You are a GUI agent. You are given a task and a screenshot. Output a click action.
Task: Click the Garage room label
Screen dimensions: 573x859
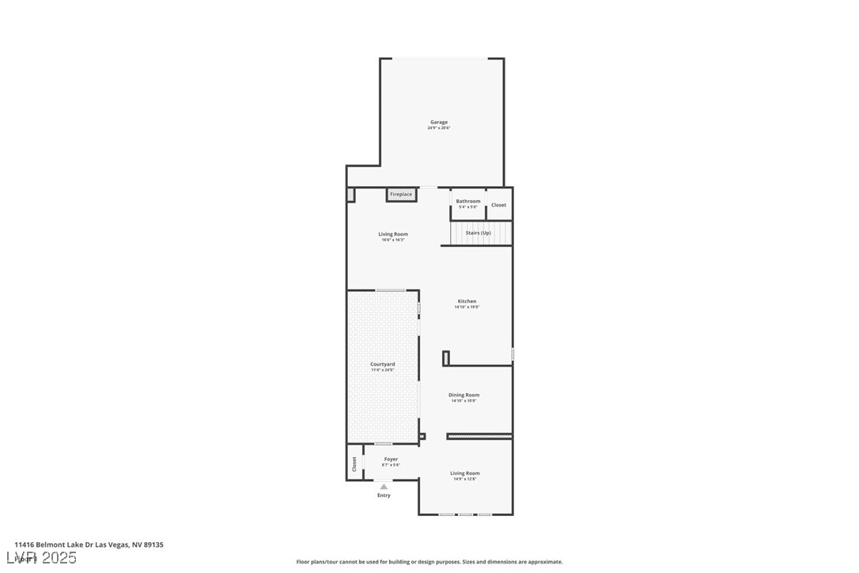tap(439, 122)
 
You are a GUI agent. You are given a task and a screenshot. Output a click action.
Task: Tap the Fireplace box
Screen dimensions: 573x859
tap(401, 194)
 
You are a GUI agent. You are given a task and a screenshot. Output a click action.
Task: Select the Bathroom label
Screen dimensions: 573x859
tap(467, 201)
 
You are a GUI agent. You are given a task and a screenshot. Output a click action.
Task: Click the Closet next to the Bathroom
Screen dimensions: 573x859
tap(498, 205)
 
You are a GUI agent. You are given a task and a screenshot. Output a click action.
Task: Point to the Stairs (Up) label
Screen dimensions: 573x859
tap(478, 233)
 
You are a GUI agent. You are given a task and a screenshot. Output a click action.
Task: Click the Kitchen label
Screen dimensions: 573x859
tap(467, 301)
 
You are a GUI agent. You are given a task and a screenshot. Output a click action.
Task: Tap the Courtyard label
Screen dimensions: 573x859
tap(383, 364)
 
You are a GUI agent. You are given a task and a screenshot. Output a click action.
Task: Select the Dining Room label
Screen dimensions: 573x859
tap(464, 395)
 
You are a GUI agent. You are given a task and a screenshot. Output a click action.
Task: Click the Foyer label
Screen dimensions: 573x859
tap(391, 459)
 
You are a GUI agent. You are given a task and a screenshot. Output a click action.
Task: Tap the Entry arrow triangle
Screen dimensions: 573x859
tap(384, 487)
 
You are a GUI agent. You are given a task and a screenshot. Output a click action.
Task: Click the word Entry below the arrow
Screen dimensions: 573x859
tap(384, 495)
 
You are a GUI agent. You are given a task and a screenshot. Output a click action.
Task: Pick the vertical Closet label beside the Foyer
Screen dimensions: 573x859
tap(354, 463)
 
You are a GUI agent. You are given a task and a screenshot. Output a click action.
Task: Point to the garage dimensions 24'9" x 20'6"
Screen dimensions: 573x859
tap(439, 127)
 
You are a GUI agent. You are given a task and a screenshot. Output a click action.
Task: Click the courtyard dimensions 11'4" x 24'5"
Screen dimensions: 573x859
tap(383, 370)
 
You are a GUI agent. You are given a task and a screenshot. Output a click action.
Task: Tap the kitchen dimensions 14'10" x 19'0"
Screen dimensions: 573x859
tap(467, 307)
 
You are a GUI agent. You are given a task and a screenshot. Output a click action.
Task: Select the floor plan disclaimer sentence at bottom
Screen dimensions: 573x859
tap(429, 562)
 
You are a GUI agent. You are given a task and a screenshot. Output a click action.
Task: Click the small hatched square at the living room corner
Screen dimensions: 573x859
tap(350, 194)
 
